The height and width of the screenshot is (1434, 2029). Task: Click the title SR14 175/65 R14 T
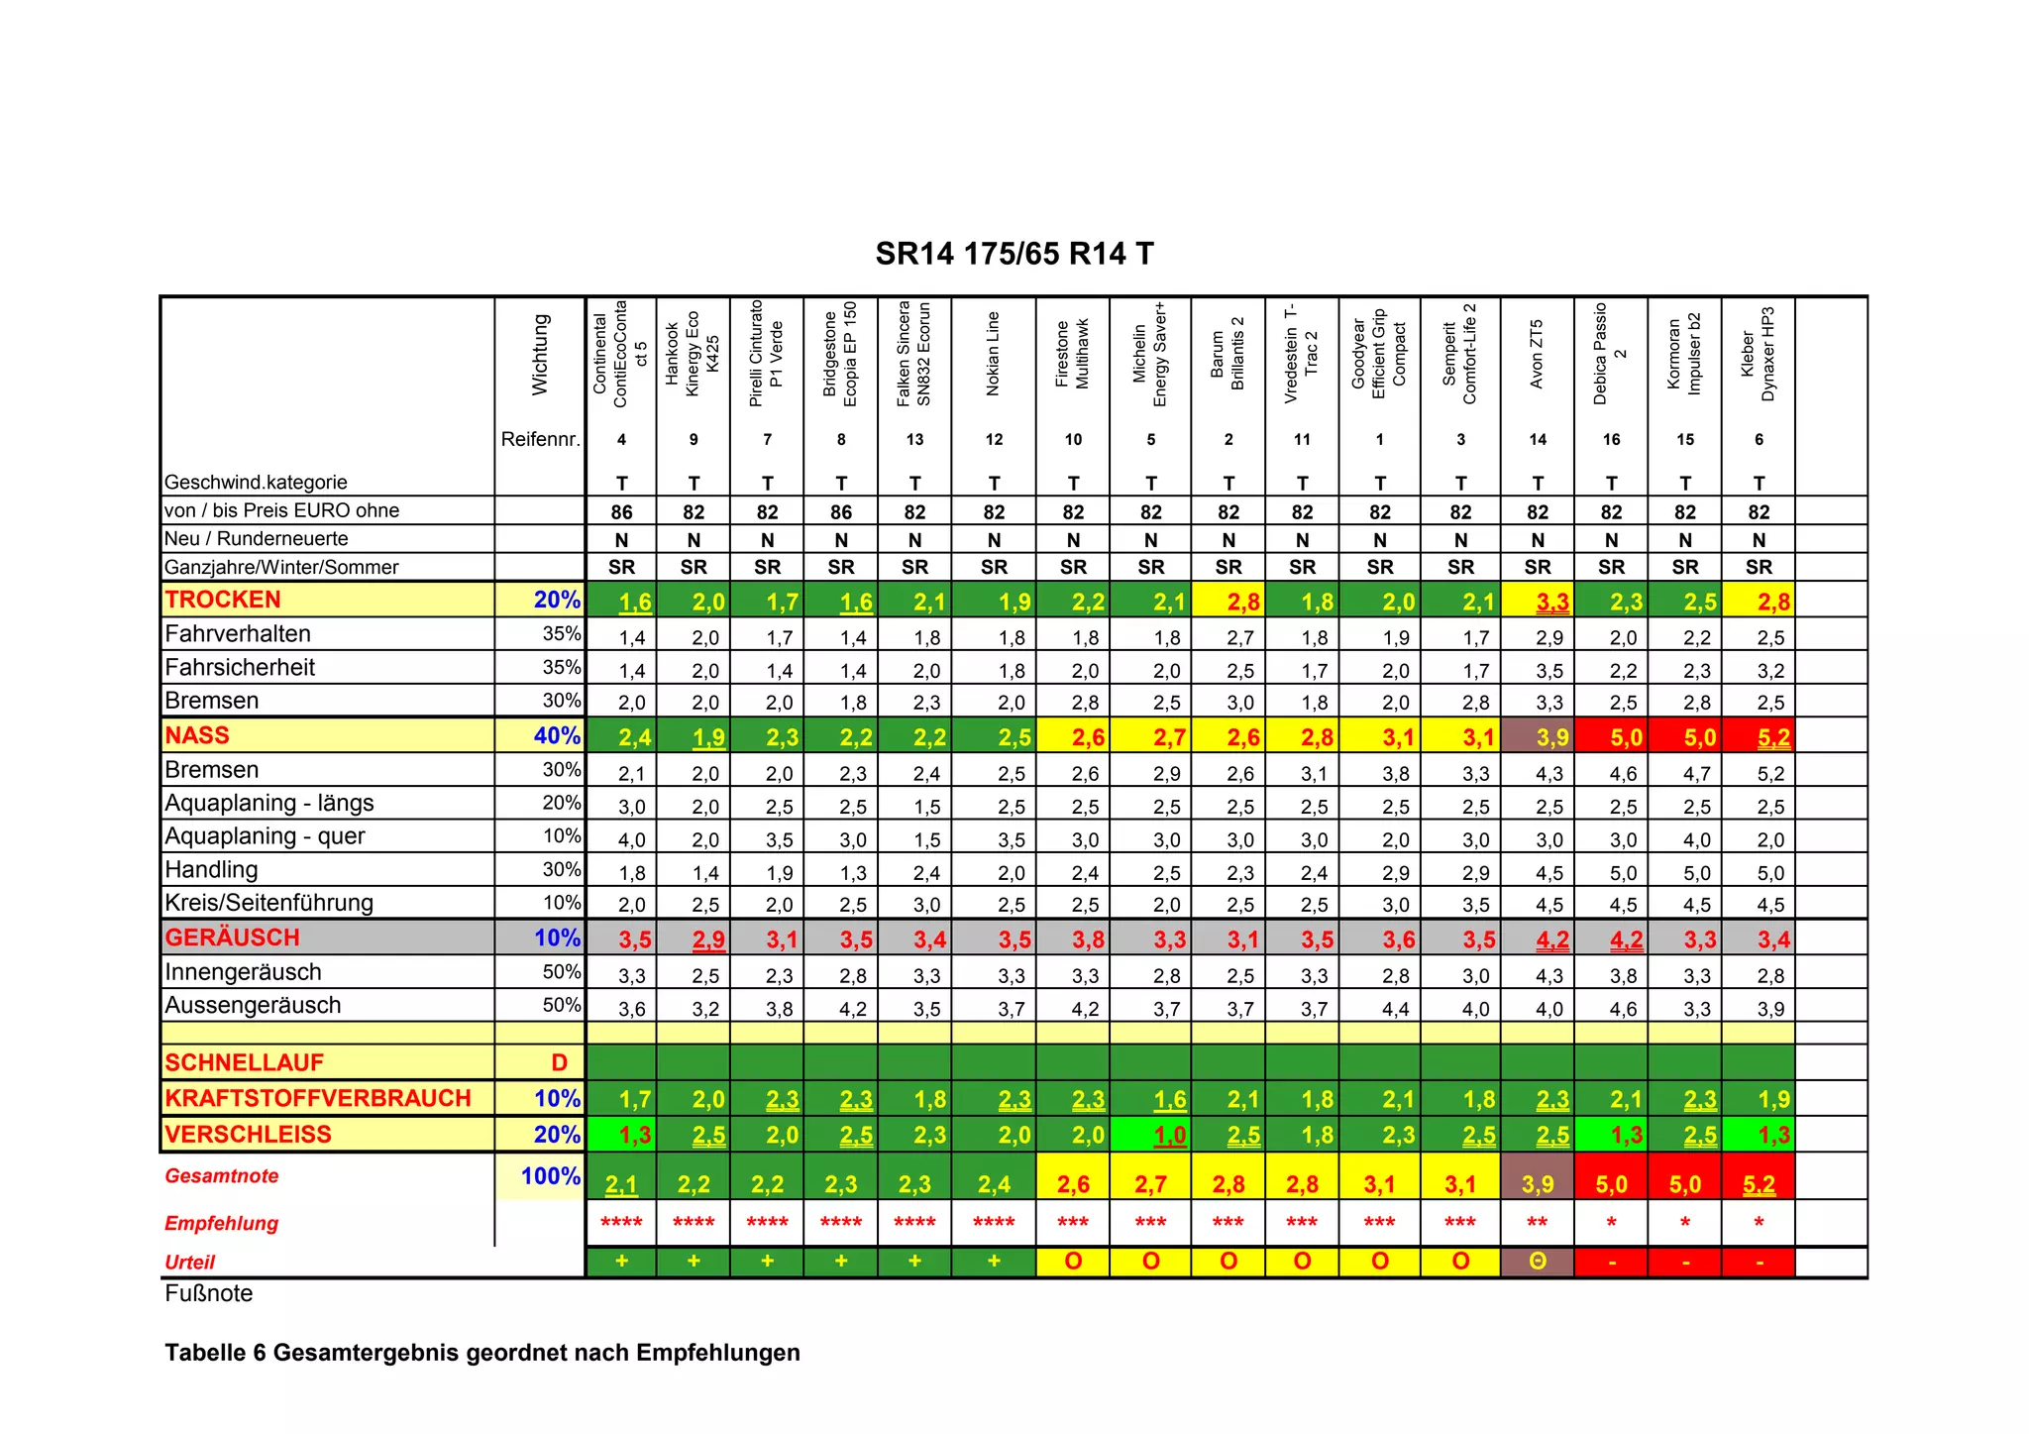tap(1014, 254)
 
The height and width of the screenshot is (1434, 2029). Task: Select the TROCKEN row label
tap(223, 600)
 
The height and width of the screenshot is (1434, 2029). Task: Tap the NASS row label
tap(197, 735)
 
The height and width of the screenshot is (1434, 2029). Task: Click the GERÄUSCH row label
tap(232, 938)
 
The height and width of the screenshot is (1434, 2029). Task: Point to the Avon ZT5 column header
tap(1537, 354)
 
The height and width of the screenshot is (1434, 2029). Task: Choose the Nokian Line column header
tap(994, 354)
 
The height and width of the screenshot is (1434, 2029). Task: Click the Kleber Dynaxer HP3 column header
tap(1759, 354)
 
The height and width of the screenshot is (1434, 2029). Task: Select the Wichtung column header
tap(540, 355)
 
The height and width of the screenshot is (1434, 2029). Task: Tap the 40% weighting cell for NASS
tap(557, 736)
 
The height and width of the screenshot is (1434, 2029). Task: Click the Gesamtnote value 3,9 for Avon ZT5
tap(1538, 1184)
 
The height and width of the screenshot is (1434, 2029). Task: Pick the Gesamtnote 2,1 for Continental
tap(621, 1184)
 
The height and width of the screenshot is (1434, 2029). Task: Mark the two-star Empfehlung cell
tap(1538, 1222)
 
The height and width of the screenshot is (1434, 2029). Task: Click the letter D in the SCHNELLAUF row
tap(560, 1062)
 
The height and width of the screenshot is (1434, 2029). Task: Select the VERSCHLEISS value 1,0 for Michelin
tap(1169, 1135)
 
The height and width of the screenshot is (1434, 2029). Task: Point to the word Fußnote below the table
tap(209, 1293)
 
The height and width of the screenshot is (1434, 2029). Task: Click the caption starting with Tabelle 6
tap(481, 1353)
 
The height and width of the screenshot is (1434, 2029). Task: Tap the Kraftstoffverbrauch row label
tap(318, 1098)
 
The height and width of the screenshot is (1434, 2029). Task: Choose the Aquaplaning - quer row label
tap(265, 836)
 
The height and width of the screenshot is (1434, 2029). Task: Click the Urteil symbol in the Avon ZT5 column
tap(1538, 1262)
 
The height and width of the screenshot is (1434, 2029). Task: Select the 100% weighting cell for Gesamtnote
tap(551, 1176)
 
